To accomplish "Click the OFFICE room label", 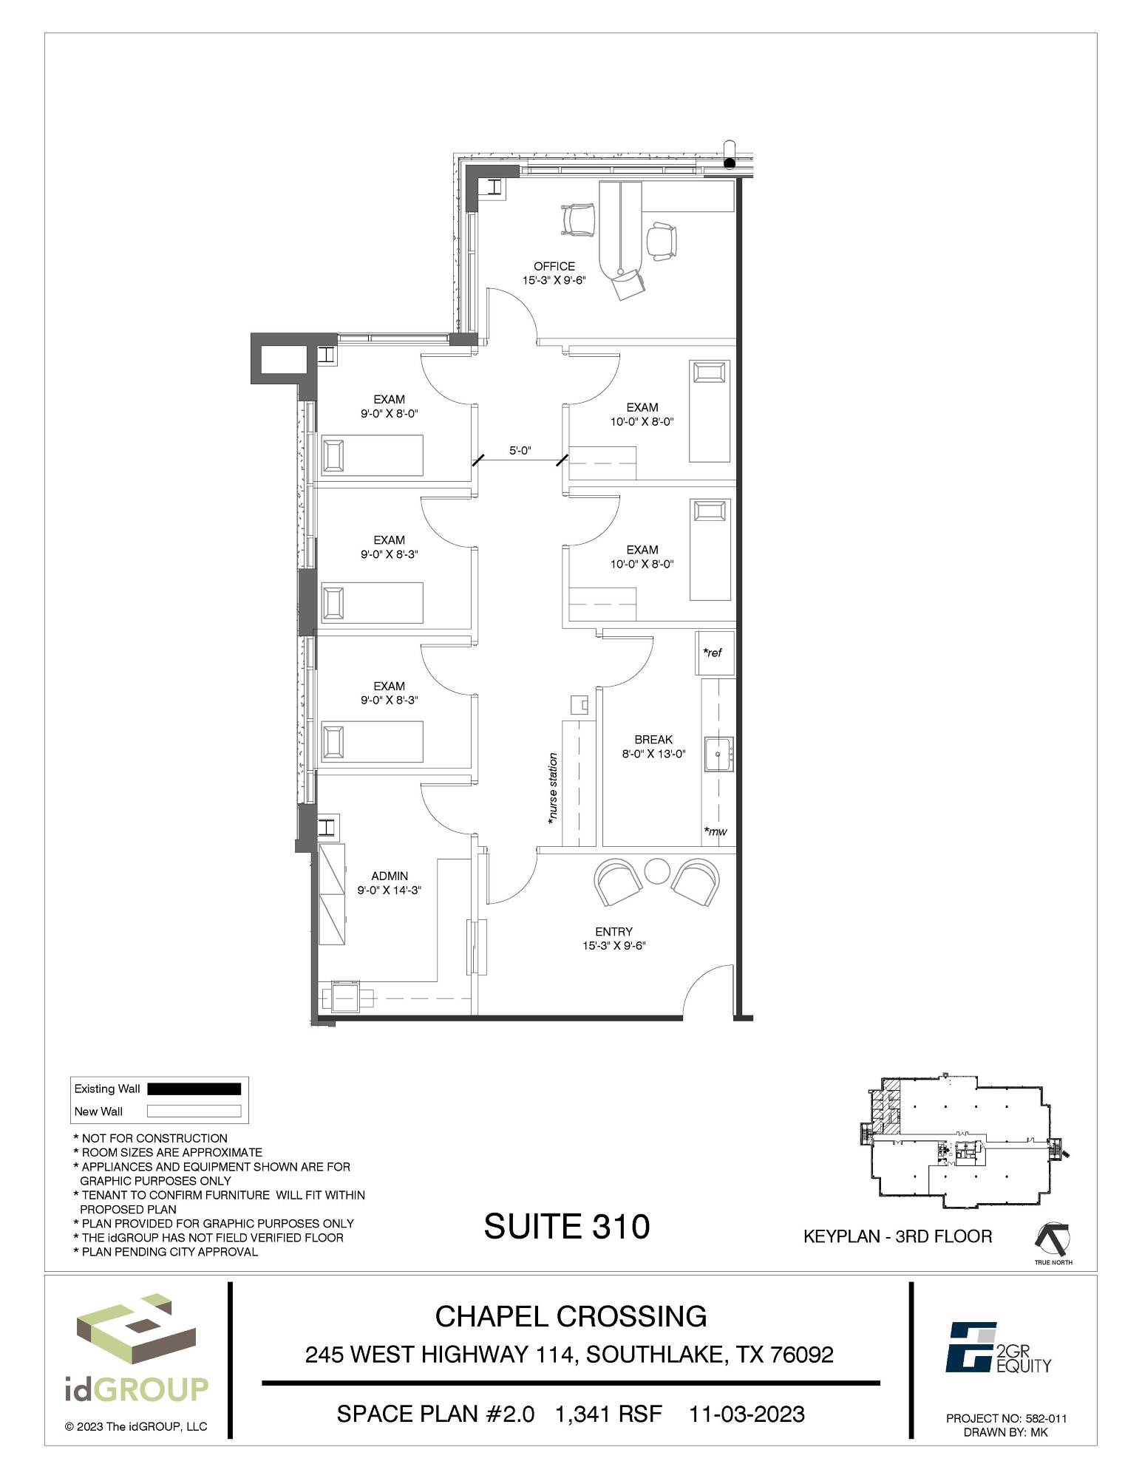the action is (554, 266).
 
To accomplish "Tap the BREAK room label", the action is (653, 740).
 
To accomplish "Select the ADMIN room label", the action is (390, 876).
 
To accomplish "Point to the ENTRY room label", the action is (614, 932).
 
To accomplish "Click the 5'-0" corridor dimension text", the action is (520, 450).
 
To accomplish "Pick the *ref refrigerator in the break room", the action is (715, 653).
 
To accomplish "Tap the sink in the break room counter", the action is (718, 754).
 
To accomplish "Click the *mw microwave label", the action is (715, 831).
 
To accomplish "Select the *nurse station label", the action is (551, 789).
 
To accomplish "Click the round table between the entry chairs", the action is (656, 871).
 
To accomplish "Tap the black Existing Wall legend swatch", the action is (194, 1089).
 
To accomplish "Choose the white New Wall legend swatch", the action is (194, 1111).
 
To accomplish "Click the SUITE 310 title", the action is (567, 1226).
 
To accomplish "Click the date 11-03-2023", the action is (747, 1414).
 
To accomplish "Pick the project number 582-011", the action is (1046, 1419).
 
